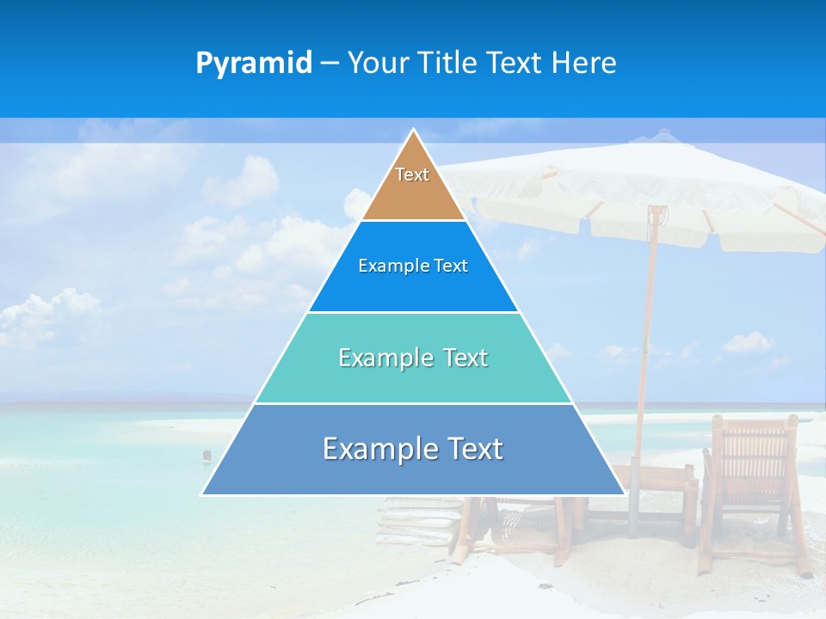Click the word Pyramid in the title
click(254, 64)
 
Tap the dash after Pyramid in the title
click(330, 64)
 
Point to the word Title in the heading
click(447, 64)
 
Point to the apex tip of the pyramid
click(414, 131)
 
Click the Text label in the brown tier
click(412, 175)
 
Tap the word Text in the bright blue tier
click(452, 266)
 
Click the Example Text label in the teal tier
click(413, 358)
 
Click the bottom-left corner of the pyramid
click(203, 493)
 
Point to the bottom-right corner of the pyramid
click(624, 493)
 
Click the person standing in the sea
click(206, 455)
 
